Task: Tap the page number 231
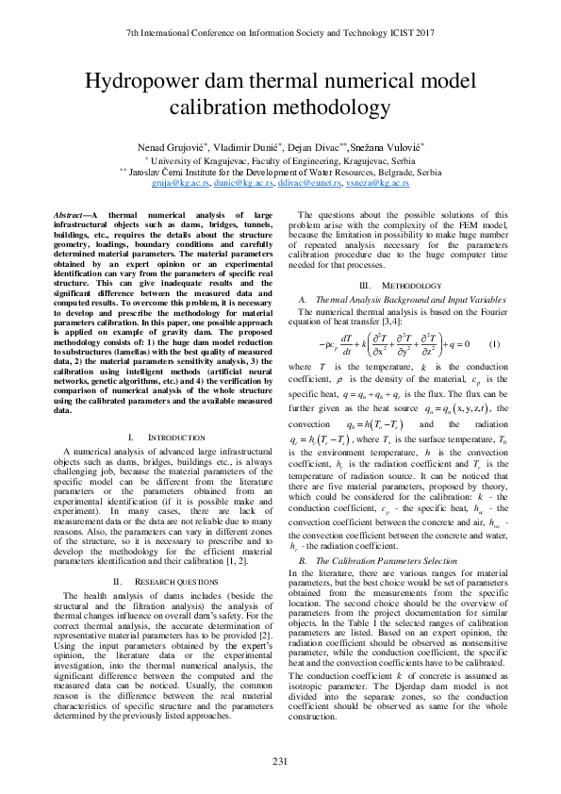(280, 761)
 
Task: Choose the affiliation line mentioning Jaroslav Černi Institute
(280, 173)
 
